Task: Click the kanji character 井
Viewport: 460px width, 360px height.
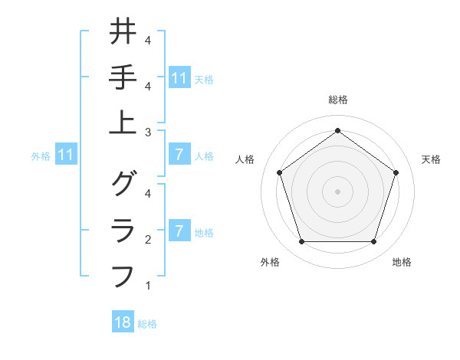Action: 123,32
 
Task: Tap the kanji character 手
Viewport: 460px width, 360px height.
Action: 123,77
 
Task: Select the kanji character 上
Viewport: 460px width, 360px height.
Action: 123,123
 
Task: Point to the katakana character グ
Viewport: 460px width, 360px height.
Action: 123,184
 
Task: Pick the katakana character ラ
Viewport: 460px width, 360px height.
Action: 123,230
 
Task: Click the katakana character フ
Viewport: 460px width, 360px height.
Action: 123,275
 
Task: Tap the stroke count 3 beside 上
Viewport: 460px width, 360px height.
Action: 147,133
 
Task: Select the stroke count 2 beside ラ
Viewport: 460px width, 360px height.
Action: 147,240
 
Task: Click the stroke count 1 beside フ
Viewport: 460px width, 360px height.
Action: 147,286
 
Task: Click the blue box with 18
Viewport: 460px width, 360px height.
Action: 123,322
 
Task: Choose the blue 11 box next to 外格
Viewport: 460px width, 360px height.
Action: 65,155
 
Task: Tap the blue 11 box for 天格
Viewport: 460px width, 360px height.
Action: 179,77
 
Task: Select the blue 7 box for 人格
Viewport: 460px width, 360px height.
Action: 179,155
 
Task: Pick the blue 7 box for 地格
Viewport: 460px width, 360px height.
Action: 179,231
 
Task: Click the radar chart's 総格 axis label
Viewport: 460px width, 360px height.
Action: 337,100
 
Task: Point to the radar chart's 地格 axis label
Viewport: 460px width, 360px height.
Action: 402,263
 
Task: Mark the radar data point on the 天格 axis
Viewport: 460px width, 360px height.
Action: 396,172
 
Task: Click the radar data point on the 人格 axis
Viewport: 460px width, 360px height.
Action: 279,172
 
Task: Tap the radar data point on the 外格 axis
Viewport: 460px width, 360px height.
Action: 301,242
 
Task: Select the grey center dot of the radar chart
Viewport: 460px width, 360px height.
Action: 337,191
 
